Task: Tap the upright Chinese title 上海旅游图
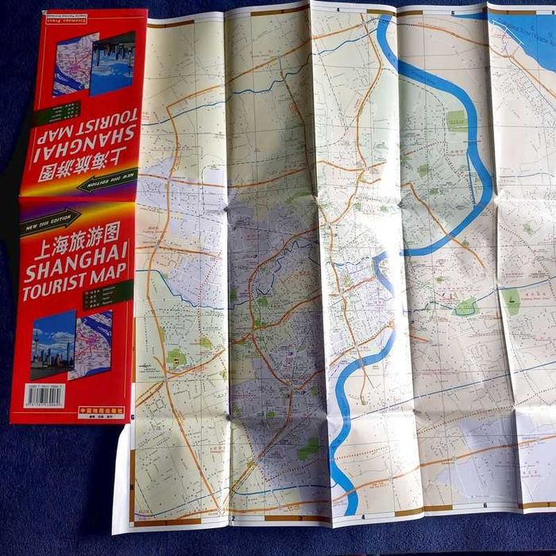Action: [x=76, y=237]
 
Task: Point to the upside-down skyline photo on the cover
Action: [x=112, y=63]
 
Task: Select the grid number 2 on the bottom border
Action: [x=233, y=520]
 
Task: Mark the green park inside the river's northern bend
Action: [x=456, y=121]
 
